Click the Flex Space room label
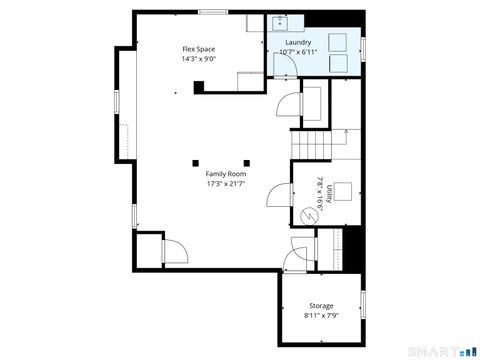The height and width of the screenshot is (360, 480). (198, 49)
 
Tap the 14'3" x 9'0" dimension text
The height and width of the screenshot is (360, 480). (198, 59)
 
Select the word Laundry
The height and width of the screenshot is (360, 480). (297, 43)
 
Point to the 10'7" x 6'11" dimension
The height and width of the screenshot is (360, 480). (297, 52)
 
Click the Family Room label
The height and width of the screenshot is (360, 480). (226, 174)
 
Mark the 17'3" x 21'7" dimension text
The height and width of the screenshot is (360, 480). (226, 184)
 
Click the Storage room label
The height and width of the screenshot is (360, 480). (321, 305)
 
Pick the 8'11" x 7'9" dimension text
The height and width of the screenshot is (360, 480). (321, 315)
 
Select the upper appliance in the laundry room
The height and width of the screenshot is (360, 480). (338, 40)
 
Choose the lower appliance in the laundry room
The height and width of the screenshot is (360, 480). (338, 62)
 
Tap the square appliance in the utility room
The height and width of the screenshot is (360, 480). (343, 192)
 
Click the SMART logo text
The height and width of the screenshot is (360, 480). (433, 350)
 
